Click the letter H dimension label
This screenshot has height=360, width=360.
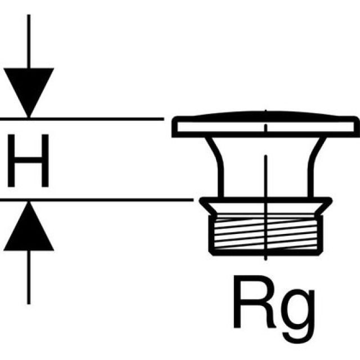[x=28, y=159]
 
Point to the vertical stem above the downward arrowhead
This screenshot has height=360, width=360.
[x=28, y=39]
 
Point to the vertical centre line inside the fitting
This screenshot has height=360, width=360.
[x=264, y=169]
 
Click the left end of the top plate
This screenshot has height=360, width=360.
[x=173, y=127]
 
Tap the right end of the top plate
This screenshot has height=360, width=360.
[x=355, y=127]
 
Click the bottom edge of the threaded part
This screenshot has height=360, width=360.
[x=264, y=253]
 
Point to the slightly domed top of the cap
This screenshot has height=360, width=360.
[x=264, y=114]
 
